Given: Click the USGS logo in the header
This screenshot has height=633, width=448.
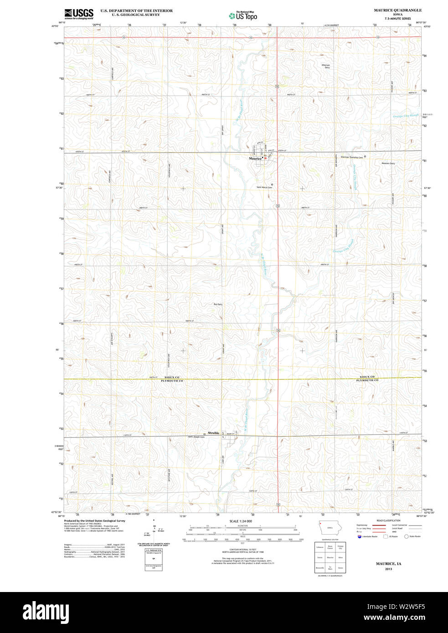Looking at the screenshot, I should click(78, 13).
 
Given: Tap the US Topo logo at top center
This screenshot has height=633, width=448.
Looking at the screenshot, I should click(243, 15).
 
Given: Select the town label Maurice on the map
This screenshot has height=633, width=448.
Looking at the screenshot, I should click(255, 158).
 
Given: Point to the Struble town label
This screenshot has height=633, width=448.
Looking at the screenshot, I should click(213, 433).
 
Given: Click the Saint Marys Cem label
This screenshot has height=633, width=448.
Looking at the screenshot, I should click(264, 187).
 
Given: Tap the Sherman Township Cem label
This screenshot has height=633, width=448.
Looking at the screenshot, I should click(352, 157).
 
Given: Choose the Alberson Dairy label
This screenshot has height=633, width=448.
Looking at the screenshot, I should click(325, 66).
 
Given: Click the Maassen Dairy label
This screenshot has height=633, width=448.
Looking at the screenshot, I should click(388, 163).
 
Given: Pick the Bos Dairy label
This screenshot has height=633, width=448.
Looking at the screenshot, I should click(218, 304).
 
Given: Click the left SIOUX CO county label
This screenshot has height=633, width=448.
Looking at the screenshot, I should click(172, 377).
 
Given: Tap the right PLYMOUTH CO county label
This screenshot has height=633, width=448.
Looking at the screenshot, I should click(367, 380).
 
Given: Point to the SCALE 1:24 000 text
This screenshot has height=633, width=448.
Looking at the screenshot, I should click(241, 521).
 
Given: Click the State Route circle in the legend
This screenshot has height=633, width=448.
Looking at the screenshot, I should click(406, 536).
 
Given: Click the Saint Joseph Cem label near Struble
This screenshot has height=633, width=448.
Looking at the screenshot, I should click(196, 437).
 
